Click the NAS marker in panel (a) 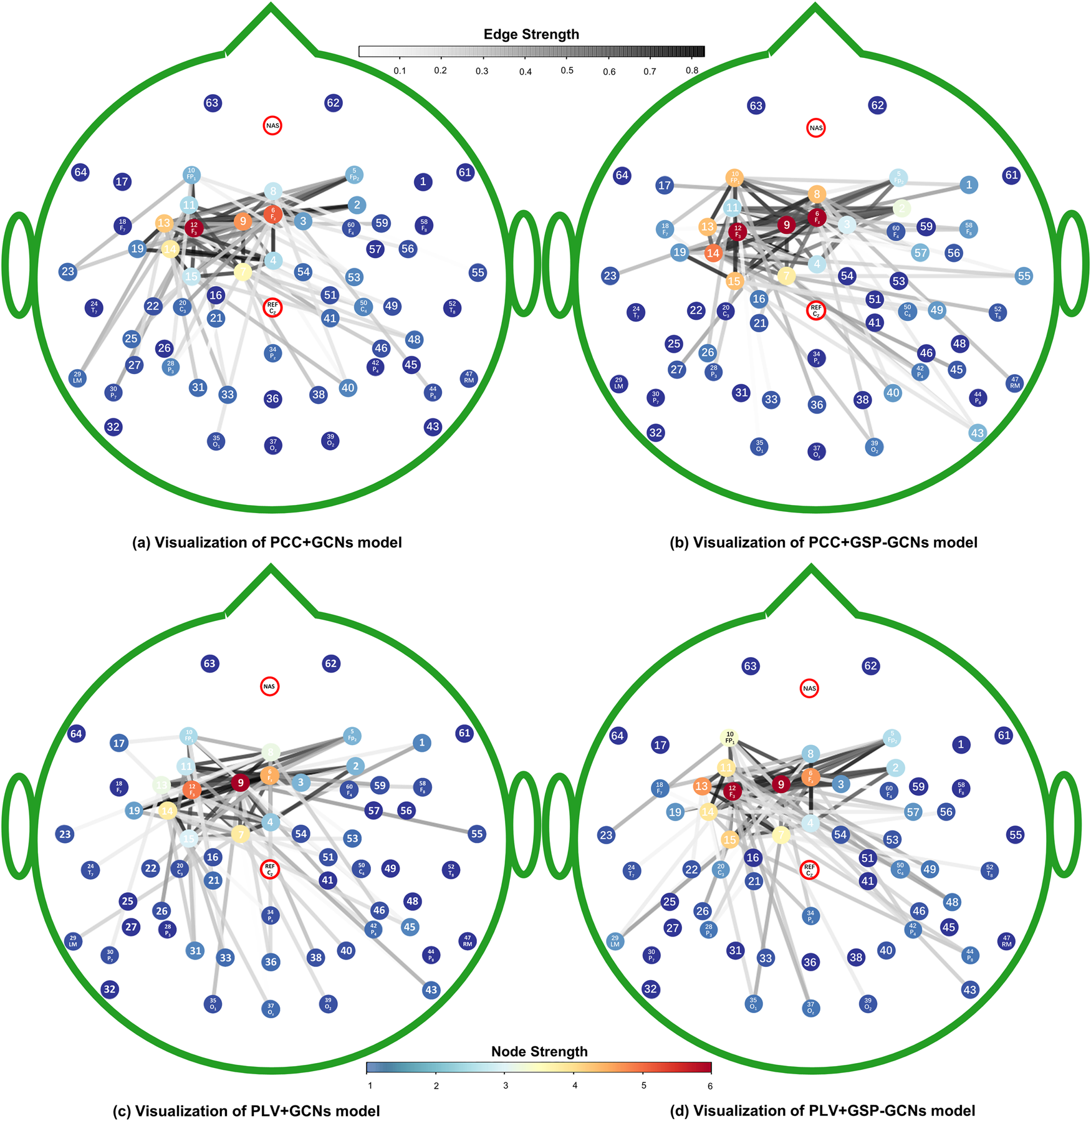pos(272,126)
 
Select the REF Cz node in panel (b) pos(815,310)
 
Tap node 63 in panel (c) pos(209,663)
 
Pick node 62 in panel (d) pos(870,666)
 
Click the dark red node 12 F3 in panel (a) pos(194,228)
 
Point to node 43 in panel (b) pos(977,433)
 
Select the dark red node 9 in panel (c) pos(240,782)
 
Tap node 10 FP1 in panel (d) pos(729,738)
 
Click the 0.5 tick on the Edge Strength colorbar pos(567,71)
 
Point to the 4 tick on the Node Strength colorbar pos(575,1085)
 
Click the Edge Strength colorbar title pos(531,34)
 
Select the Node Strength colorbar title pos(539,1052)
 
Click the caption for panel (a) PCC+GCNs pos(267,542)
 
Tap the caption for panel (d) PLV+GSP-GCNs pos(822,1110)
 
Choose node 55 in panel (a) pos(478,272)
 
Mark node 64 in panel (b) pos(622,175)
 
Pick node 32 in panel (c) pos(110,989)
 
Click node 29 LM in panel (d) pos(615,941)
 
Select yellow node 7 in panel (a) pos(243,272)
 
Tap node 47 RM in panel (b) pos(1015,382)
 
